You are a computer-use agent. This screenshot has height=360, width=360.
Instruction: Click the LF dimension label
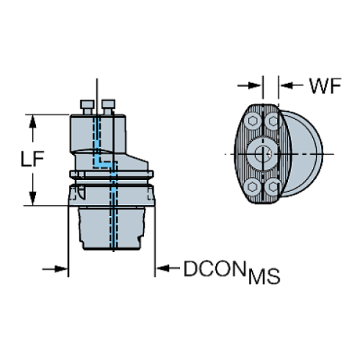point(32,159)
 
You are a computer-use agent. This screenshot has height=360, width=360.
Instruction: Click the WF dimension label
point(325,86)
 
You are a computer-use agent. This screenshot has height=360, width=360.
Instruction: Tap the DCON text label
point(215,269)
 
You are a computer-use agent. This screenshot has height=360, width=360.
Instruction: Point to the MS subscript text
point(264,276)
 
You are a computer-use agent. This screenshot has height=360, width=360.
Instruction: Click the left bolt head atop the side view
point(87,107)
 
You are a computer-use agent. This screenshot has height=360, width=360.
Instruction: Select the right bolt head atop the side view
point(108,107)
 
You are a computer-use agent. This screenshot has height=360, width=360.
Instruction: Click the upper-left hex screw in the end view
point(252,120)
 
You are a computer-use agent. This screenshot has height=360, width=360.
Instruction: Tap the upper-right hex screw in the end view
point(272,120)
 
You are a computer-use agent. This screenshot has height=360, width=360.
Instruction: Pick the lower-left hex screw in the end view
point(252,187)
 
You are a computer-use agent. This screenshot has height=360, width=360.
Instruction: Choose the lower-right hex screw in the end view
point(272,187)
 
